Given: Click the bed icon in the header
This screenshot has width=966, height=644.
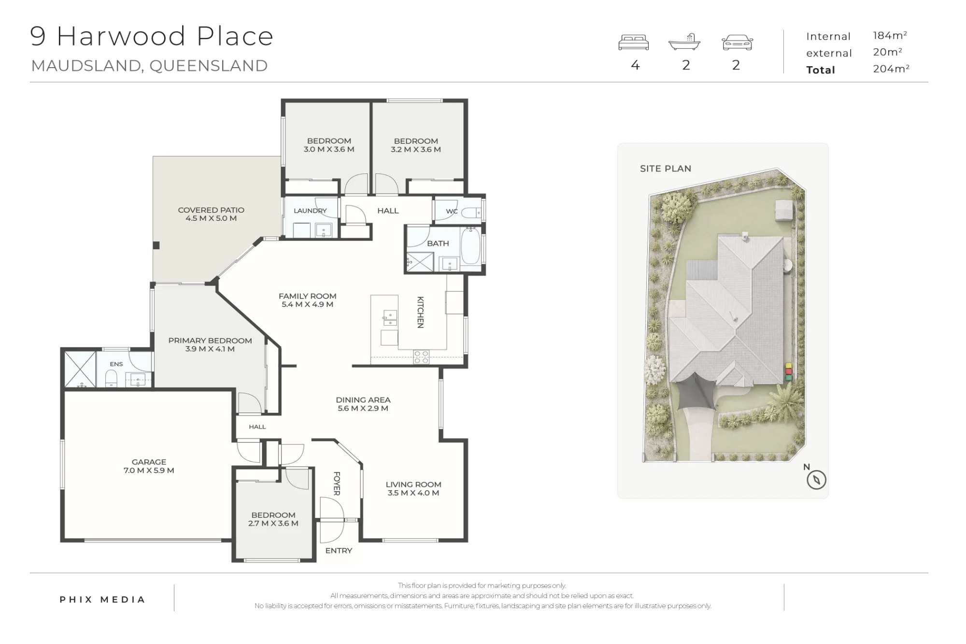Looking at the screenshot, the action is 633,43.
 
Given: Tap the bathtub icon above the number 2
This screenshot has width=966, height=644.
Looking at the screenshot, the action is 684,42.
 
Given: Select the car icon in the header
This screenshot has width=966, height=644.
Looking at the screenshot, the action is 737,43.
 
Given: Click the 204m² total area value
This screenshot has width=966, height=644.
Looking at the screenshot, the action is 891,69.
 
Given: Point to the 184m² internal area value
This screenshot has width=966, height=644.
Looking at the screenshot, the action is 890,35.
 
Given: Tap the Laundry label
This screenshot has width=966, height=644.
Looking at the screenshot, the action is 310,211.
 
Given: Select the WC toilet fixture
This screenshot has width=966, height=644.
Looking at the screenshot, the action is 470,212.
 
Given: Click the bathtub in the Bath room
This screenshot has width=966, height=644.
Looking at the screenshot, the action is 470,246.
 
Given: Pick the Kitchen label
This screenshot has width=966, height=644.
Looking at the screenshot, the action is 420,312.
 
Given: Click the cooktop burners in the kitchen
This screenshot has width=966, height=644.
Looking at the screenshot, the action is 421,357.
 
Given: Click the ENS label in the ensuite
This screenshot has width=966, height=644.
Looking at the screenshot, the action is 116,364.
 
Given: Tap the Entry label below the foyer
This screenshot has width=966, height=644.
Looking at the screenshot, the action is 339,551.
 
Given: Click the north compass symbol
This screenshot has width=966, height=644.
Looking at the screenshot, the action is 816,480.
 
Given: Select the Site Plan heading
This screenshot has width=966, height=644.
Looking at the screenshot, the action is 666,169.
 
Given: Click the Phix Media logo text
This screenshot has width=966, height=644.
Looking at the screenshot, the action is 102,600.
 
